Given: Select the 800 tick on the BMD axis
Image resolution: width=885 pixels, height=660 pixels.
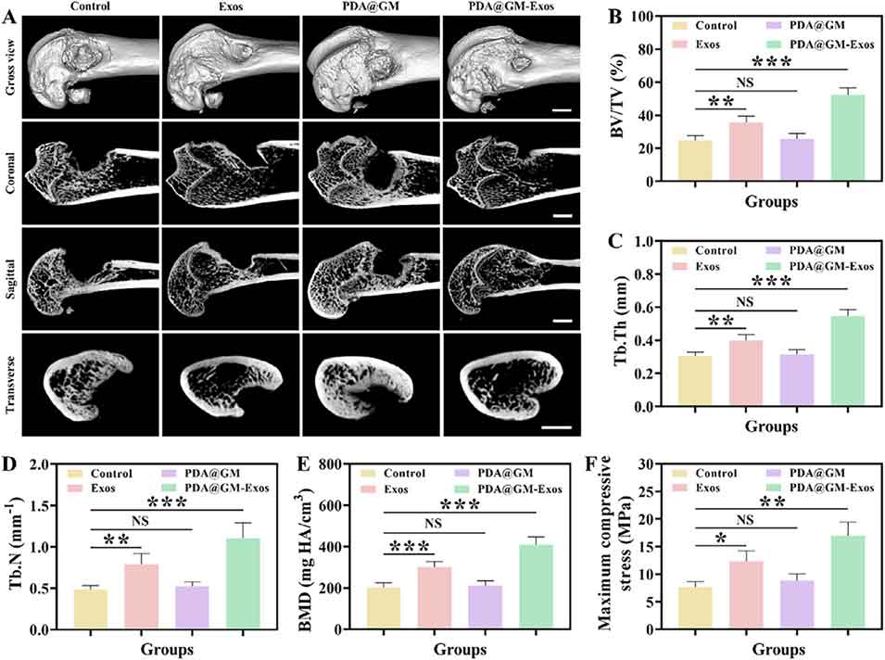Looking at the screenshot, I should pos(332,464).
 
